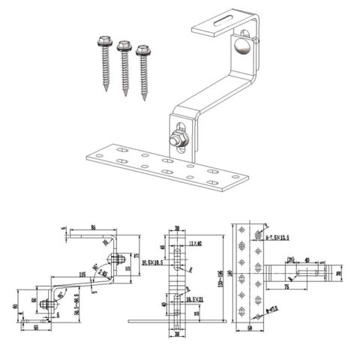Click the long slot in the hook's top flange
(217, 28)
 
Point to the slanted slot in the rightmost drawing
(301, 275)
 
